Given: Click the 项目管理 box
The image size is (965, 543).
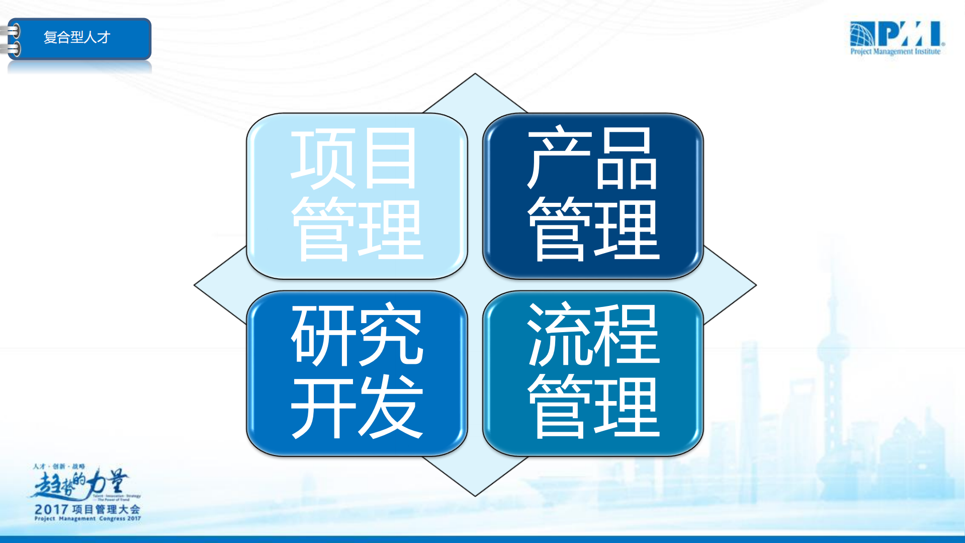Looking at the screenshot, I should tap(357, 196).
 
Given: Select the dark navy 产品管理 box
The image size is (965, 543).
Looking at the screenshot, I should tap(593, 196).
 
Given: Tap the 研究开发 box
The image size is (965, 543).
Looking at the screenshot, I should tap(357, 373).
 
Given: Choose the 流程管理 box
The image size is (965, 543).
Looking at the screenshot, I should tap(593, 373).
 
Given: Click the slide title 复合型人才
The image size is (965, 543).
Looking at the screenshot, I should tap(77, 37).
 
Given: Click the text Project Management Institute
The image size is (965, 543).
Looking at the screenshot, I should tap(895, 51).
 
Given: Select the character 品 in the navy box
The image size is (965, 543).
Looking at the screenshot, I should tap(627, 159).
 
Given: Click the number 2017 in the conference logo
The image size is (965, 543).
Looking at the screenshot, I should tap(52, 509).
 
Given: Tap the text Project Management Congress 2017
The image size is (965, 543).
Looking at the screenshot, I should tap(87, 518).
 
